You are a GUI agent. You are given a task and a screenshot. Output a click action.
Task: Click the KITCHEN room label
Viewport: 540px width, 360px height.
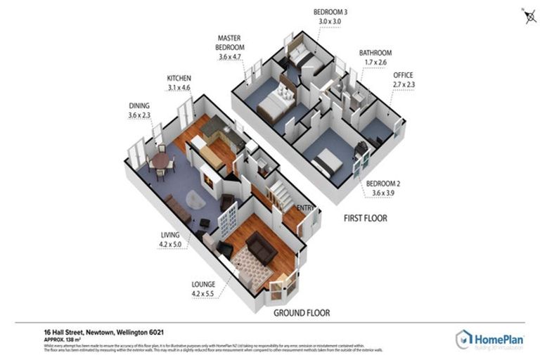(x=179, y=78)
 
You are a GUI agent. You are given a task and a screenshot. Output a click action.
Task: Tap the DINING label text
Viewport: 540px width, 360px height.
(x=139, y=106)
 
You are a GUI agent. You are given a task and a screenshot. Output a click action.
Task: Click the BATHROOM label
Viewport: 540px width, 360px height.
(x=375, y=53)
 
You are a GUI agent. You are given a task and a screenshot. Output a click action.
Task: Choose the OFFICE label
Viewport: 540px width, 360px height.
(x=403, y=75)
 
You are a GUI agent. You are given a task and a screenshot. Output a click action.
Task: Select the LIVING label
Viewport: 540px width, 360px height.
(x=169, y=235)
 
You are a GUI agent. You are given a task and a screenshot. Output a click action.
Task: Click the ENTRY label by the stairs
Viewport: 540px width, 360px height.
(x=304, y=207)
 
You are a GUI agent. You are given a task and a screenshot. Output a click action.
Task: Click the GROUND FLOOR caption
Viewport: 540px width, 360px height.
(x=302, y=312)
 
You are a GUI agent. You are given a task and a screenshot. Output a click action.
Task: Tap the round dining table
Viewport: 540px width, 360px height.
(x=161, y=161)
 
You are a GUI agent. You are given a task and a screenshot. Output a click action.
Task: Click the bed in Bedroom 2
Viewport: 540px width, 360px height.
(x=328, y=163)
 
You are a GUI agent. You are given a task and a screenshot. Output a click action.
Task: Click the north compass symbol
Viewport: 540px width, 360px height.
(x=529, y=16)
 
